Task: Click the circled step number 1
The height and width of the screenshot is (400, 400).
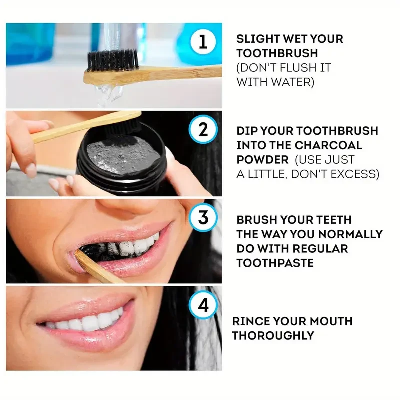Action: (202, 41)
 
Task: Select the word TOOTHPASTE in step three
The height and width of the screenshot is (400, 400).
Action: (275, 263)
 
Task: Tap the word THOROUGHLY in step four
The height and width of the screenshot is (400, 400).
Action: (273, 335)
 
